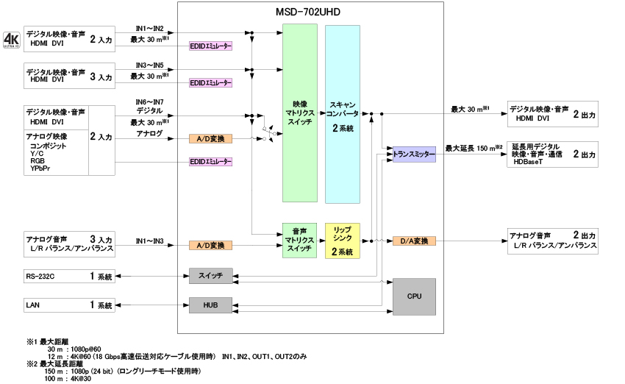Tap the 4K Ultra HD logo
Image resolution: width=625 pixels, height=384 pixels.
point(11,39)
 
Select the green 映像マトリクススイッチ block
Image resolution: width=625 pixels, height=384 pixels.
point(300,113)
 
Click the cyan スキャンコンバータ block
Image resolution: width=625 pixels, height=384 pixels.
point(343,113)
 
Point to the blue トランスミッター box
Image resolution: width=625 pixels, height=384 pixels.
point(414,155)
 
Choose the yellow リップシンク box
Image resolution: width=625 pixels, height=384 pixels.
point(343,240)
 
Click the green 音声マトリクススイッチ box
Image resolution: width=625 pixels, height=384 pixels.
point(300,240)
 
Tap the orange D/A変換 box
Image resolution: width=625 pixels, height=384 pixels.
point(415,241)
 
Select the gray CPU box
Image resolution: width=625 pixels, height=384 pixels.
point(414,296)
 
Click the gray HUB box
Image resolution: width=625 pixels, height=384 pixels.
point(210,305)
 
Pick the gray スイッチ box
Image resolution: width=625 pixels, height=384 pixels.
point(210,276)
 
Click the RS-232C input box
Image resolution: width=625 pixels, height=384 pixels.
point(69,276)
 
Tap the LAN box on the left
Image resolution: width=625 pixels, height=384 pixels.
point(69,305)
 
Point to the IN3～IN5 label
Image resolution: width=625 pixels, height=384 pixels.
point(149,65)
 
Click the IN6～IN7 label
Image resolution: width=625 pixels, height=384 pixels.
point(149,102)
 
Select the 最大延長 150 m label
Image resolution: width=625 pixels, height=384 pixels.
point(474,148)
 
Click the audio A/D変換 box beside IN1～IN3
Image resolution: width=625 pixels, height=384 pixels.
point(210,245)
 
